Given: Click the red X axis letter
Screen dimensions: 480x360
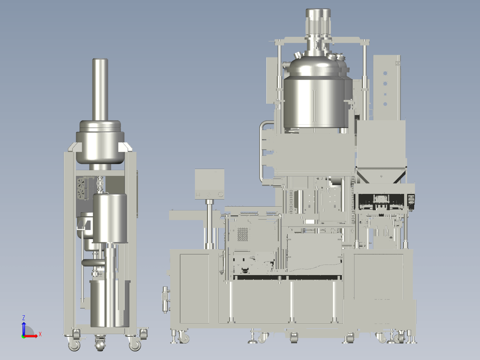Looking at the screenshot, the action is point(40,334).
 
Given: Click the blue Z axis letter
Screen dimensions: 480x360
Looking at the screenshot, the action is point(24,318).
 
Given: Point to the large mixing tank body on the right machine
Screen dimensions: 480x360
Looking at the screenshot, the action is point(315,102).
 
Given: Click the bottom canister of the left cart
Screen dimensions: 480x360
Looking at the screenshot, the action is point(110,304).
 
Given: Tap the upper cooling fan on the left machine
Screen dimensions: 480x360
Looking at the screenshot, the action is point(81,183).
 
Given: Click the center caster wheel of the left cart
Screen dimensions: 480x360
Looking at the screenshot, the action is point(100,344).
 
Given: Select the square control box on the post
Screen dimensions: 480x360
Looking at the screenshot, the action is point(210,184).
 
